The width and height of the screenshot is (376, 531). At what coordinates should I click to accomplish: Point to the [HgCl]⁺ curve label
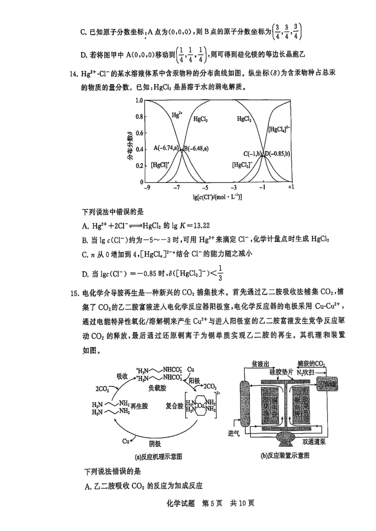(160, 165)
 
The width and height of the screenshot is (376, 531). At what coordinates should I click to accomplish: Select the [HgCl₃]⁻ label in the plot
(243, 165)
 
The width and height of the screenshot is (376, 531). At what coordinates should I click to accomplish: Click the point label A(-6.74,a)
(167, 149)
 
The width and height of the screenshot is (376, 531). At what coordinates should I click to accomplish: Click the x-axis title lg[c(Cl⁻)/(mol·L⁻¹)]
(219, 197)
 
